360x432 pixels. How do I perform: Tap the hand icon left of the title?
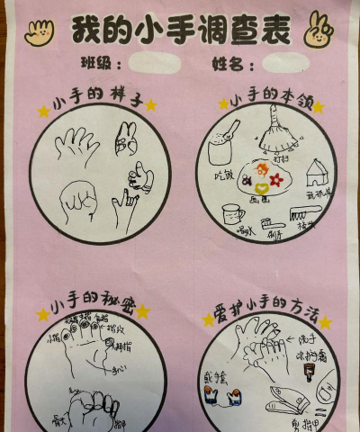(x=40, y=33)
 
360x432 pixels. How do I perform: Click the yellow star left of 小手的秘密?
(x=42, y=314)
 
